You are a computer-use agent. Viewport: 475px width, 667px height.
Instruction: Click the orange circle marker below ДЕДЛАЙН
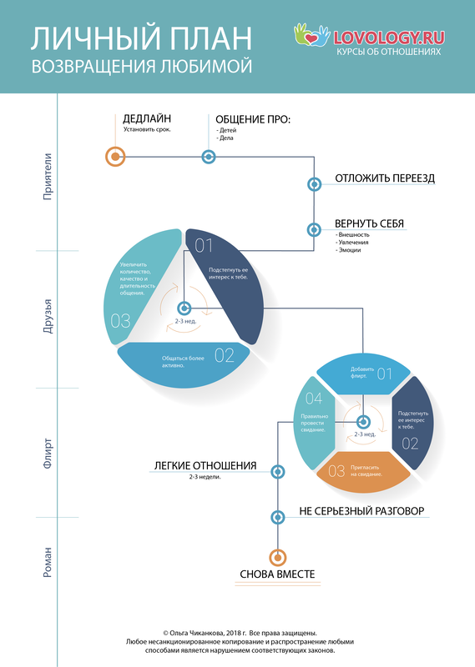coord(115,157)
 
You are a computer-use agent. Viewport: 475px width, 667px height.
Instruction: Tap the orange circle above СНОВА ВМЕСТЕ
coord(278,557)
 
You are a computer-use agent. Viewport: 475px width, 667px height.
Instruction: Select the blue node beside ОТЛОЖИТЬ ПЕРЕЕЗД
coord(315,184)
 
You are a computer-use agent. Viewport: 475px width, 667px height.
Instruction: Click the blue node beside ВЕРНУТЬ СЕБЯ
coord(314,230)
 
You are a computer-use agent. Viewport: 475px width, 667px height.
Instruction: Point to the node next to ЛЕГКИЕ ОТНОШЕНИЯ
coord(278,472)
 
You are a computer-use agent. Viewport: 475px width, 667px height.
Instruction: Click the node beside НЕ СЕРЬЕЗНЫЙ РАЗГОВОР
coord(278,517)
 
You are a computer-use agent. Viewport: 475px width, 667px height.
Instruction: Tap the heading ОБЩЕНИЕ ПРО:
coord(253,119)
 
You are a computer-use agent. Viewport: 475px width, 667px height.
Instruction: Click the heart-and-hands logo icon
coord(312,35)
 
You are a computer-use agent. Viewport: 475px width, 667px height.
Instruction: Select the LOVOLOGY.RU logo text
coord(389,38)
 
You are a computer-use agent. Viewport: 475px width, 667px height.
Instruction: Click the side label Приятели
coord(48,177)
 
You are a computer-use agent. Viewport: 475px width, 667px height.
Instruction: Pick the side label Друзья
coord(48,316)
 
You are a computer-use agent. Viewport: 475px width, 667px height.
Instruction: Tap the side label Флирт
coord(48,454)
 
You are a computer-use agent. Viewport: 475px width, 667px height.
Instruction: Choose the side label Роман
coord(48,562)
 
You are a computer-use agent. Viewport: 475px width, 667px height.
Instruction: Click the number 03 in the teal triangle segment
coord(120,321)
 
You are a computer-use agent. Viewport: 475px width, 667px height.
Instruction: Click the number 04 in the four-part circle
coord(314,399)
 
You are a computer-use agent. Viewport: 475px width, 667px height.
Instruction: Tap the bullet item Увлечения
coord(352,242)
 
